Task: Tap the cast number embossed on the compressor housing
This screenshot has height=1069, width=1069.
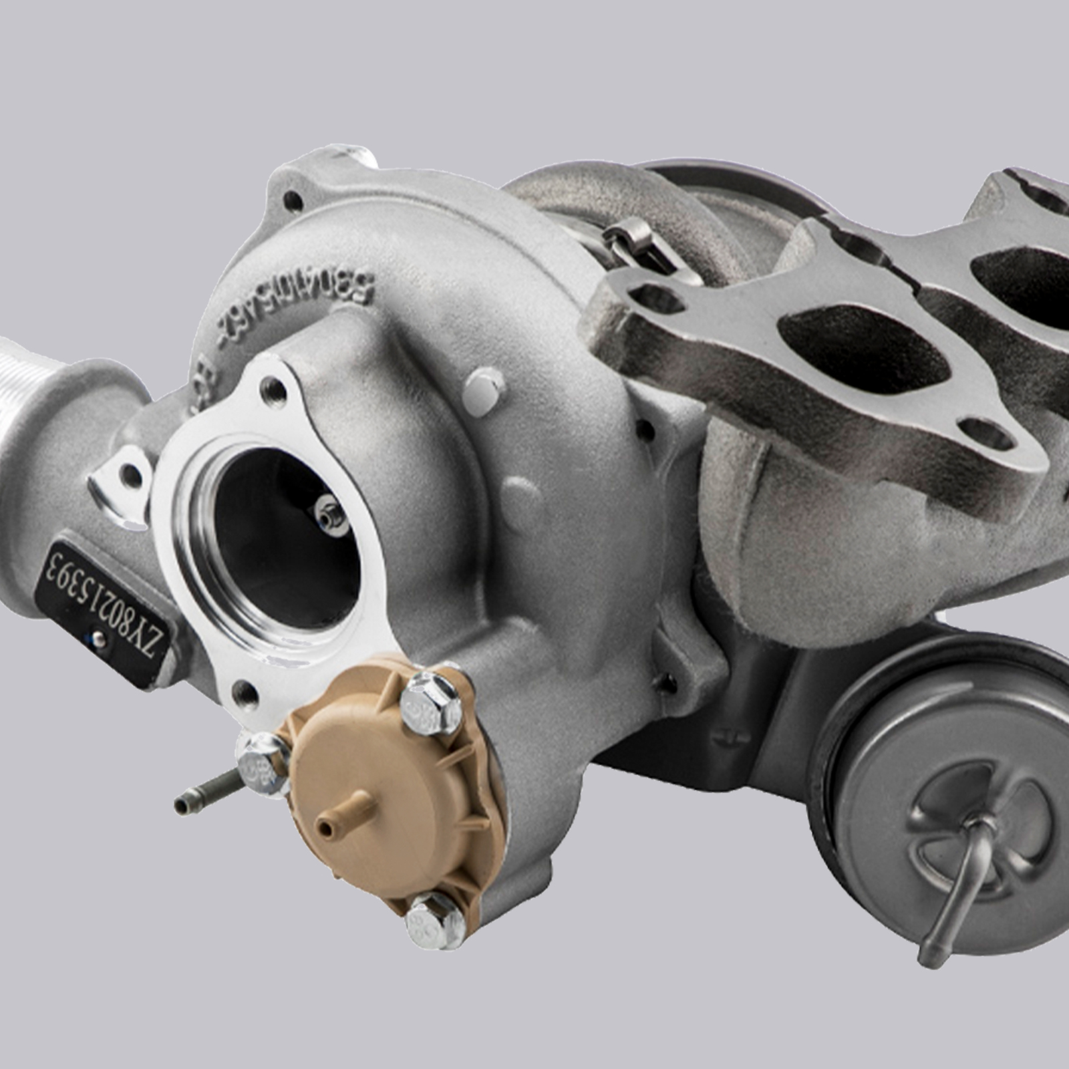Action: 294,301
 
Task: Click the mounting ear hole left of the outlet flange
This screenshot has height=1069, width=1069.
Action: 130,474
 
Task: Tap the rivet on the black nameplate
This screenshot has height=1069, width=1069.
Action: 100,641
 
